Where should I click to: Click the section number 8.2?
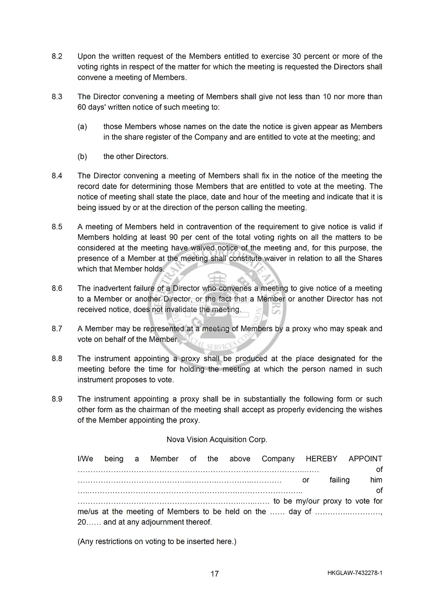[x=57, y=56]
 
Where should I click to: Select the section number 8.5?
[x=57, y=227]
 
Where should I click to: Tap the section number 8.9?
[x=57, y=399]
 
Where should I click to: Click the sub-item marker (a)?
[x=82, y=127]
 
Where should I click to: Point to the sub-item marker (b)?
[x=82, y=157]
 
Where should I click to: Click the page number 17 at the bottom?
[x=215, y=574]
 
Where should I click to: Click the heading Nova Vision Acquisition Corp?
[x=216, y=440]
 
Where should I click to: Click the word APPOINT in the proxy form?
[x=365, y=459]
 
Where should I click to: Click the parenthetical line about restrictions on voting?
[x=157, y=541]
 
